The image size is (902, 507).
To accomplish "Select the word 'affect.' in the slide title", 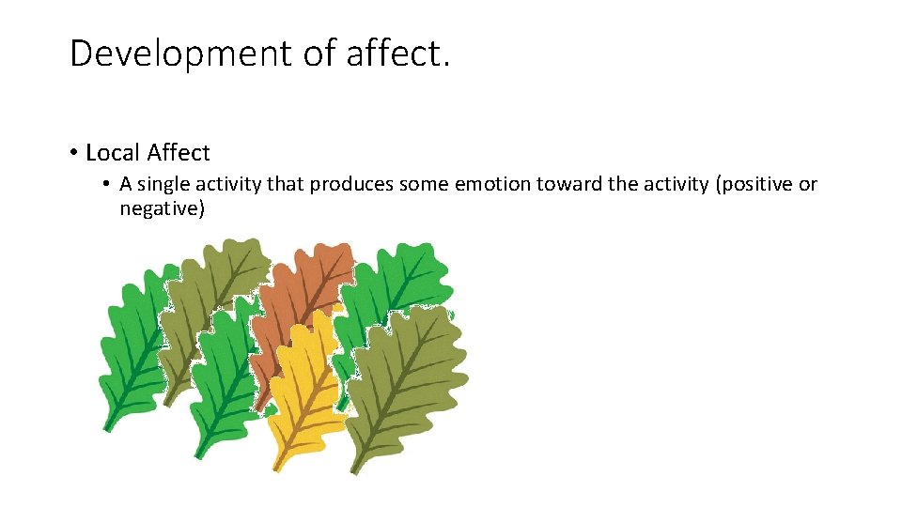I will click(399, 54).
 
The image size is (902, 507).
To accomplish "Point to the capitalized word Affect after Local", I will click(179, 152).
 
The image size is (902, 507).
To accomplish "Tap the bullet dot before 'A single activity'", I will click(108, 184).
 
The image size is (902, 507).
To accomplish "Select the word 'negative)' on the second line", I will click(162, 208).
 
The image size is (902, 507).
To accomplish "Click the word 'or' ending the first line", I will click(808, 184).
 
